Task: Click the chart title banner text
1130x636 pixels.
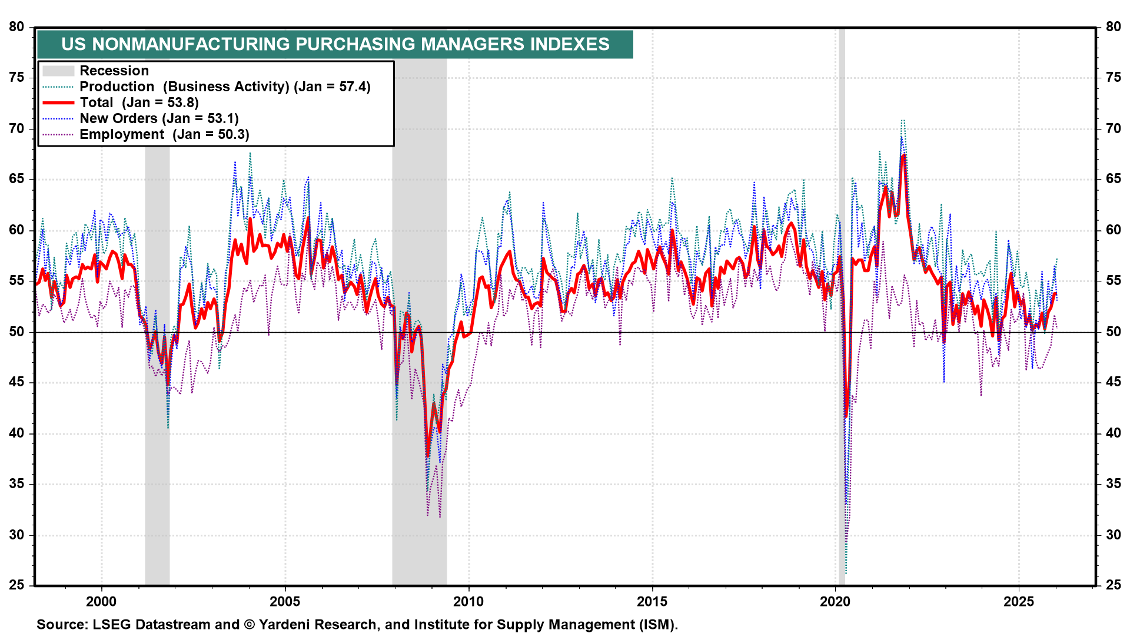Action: tap(335, 44)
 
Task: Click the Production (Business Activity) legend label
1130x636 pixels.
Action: tap(225, 87)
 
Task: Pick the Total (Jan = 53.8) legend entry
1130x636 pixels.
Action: tap(139, 102)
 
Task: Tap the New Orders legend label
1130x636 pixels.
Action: tap(159, 118)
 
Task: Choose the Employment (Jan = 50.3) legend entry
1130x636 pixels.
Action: tap(164, 134)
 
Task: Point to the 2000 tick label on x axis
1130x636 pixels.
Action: tap(101, 601)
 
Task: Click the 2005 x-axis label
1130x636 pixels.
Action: tap(285, 601)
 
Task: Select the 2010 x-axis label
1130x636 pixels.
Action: tap(468, 601)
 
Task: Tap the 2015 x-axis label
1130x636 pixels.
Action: tap(652, 601)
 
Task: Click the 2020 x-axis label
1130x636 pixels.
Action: tap(836, 601)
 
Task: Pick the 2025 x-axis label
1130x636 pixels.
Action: tap(1019, 601)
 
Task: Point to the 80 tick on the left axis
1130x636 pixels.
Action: tap(16, 27)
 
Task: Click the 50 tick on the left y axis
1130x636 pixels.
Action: tap(16, 332)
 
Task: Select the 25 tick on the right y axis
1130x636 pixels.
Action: tap(1114, 585)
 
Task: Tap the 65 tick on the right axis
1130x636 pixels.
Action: tap(1114, 179)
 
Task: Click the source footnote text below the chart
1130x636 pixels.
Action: tap(357, 624)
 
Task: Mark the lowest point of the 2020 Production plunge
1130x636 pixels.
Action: tap(846, 573)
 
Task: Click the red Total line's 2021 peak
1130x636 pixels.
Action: tap(903, 155)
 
